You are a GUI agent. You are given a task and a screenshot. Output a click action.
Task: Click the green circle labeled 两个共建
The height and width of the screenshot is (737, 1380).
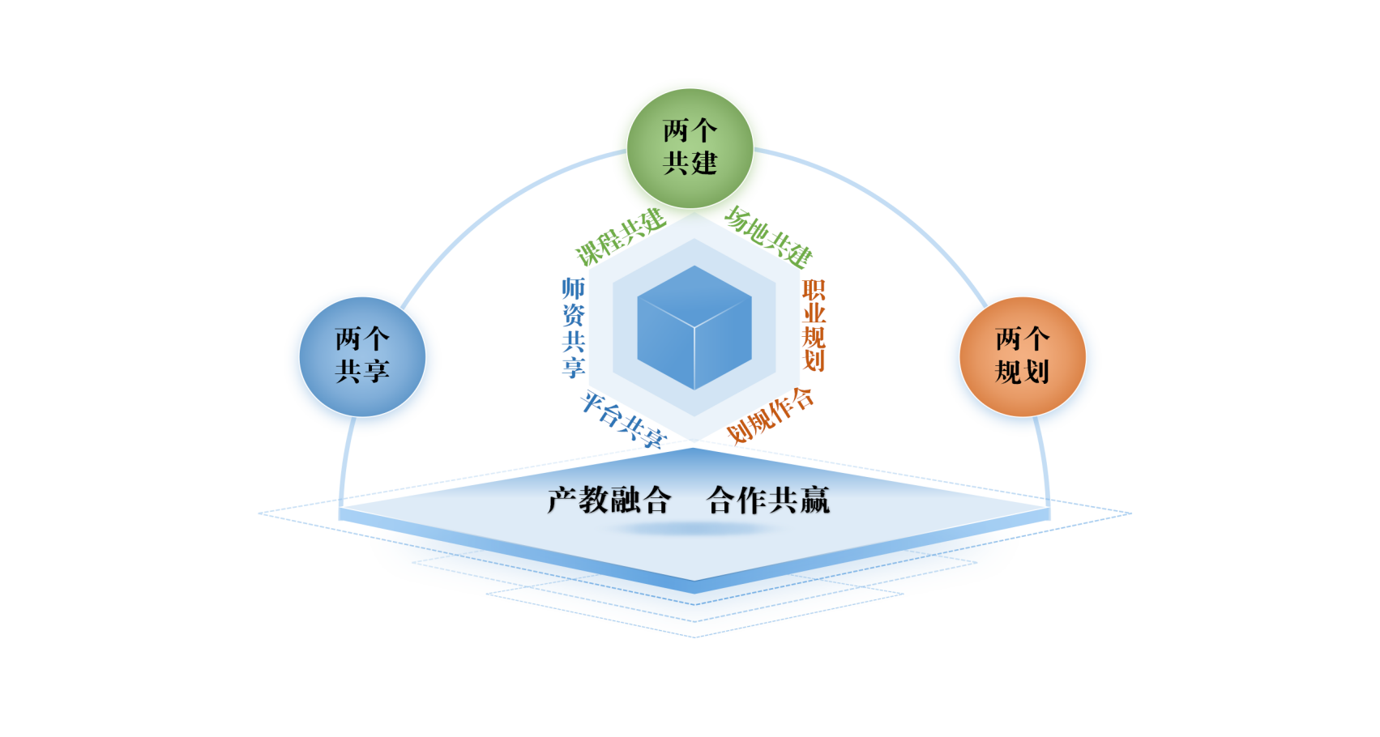coord(690,148)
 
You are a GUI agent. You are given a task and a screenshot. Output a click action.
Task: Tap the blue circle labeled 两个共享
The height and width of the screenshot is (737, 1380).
coord(362,356)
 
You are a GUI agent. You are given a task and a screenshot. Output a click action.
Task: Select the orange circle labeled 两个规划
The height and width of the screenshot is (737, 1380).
coord(1023,356)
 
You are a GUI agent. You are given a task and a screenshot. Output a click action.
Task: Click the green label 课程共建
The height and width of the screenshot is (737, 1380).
coord(621,237)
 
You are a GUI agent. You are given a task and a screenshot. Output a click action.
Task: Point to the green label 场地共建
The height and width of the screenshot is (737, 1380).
coord(768,237)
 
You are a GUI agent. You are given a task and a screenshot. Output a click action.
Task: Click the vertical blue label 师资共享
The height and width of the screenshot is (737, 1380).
coord(574,327)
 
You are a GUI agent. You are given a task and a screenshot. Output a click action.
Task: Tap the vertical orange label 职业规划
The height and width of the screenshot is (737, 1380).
coord(814,325)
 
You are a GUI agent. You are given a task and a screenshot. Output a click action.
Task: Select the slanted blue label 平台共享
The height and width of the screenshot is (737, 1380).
coord(623,420)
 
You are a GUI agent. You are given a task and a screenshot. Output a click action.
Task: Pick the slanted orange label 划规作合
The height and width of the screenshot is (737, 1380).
coord(770,415)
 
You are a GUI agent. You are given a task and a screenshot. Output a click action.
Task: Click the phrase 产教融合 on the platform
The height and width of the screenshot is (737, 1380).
coord(609,500)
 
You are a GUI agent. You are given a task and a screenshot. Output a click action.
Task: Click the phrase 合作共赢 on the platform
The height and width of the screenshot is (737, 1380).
coord(768,500)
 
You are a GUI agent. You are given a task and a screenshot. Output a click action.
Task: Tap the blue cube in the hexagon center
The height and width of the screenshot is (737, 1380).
coord(694,327)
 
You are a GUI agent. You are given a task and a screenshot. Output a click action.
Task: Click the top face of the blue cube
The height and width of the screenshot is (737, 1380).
coord(694,296)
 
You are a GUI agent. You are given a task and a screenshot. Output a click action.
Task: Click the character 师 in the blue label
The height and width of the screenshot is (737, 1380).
coord(574,288)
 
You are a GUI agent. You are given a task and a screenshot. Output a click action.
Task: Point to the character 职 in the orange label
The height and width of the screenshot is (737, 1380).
coord(814,290)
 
